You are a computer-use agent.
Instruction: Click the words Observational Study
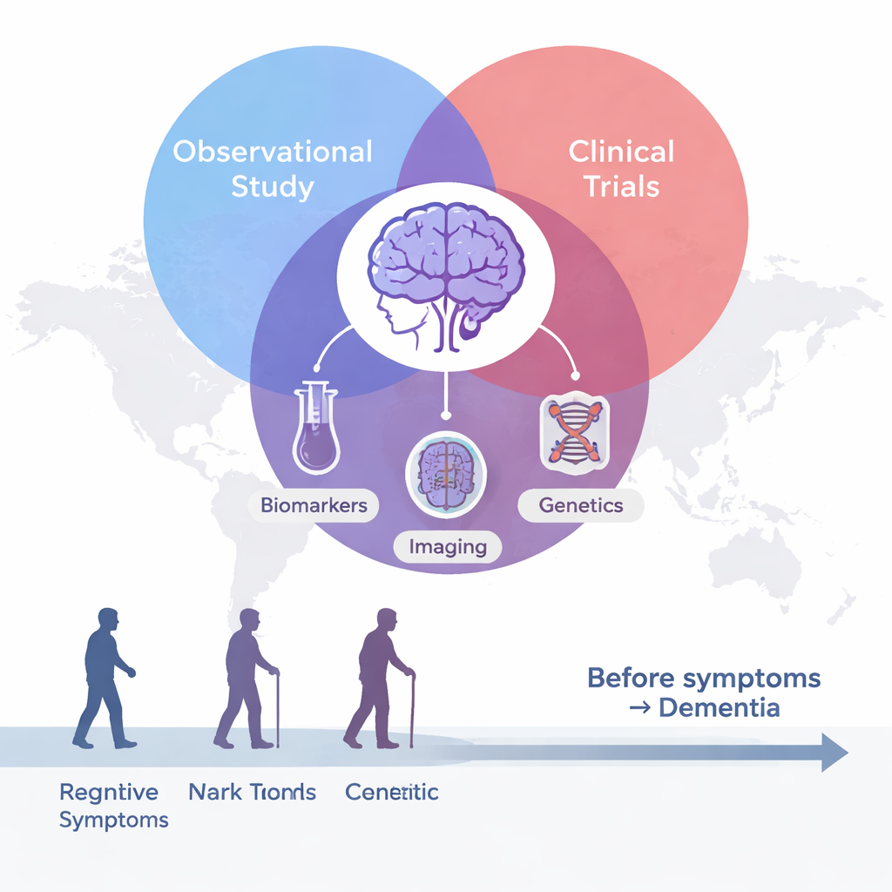(273, 169)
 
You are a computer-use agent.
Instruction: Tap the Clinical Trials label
(621, 168)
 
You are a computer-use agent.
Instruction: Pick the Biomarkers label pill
(314, 505)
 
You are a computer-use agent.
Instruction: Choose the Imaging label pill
(447, 547)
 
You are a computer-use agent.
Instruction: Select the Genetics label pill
(581, 505)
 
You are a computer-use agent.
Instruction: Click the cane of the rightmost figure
(411, 710)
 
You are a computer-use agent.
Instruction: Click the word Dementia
(719, 707)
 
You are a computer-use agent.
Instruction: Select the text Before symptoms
(704, 678)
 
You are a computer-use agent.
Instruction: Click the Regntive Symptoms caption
(110, 805)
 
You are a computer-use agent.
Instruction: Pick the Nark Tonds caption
(252, 792)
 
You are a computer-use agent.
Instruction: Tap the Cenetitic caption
(392, 792)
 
